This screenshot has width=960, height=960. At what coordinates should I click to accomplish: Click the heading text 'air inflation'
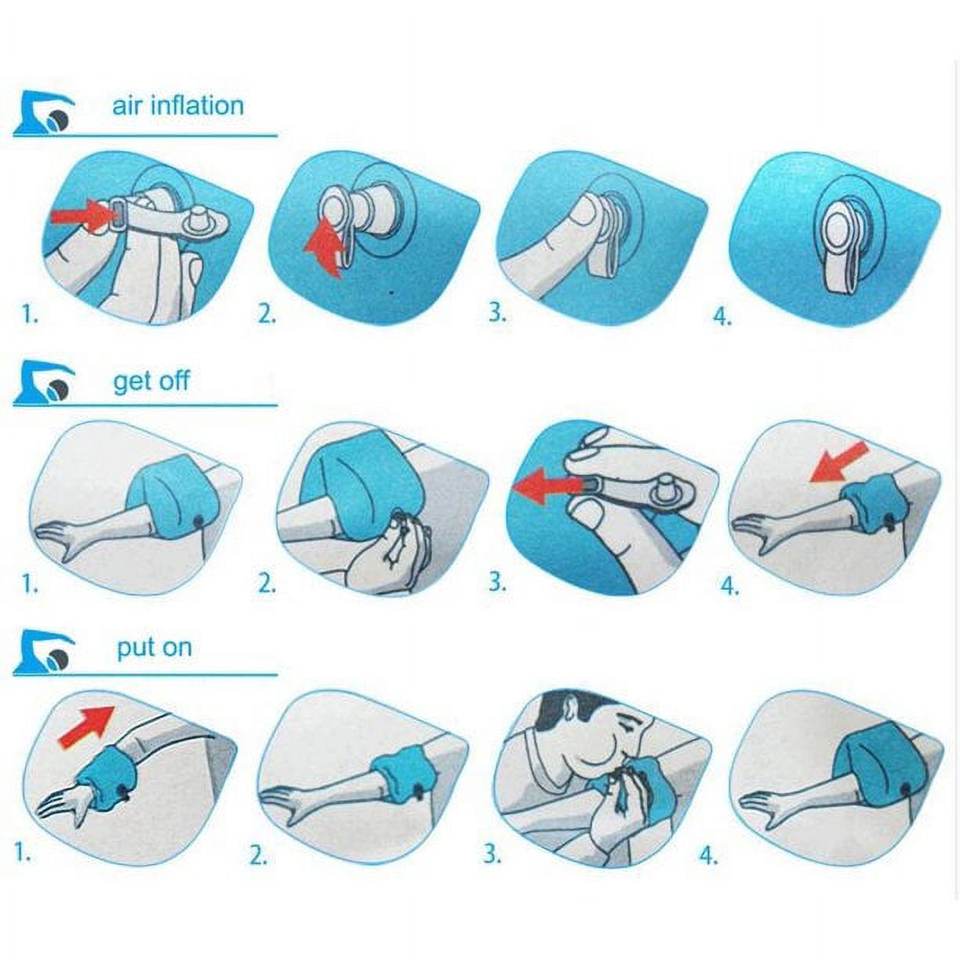point(177,105)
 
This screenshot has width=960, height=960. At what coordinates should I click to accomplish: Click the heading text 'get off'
point(151,381)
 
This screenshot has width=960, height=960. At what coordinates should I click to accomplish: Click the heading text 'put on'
point(154,648)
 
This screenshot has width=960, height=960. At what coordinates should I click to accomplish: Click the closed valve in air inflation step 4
point(838,235)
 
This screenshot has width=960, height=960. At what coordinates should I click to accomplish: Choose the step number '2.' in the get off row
point(267,584)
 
